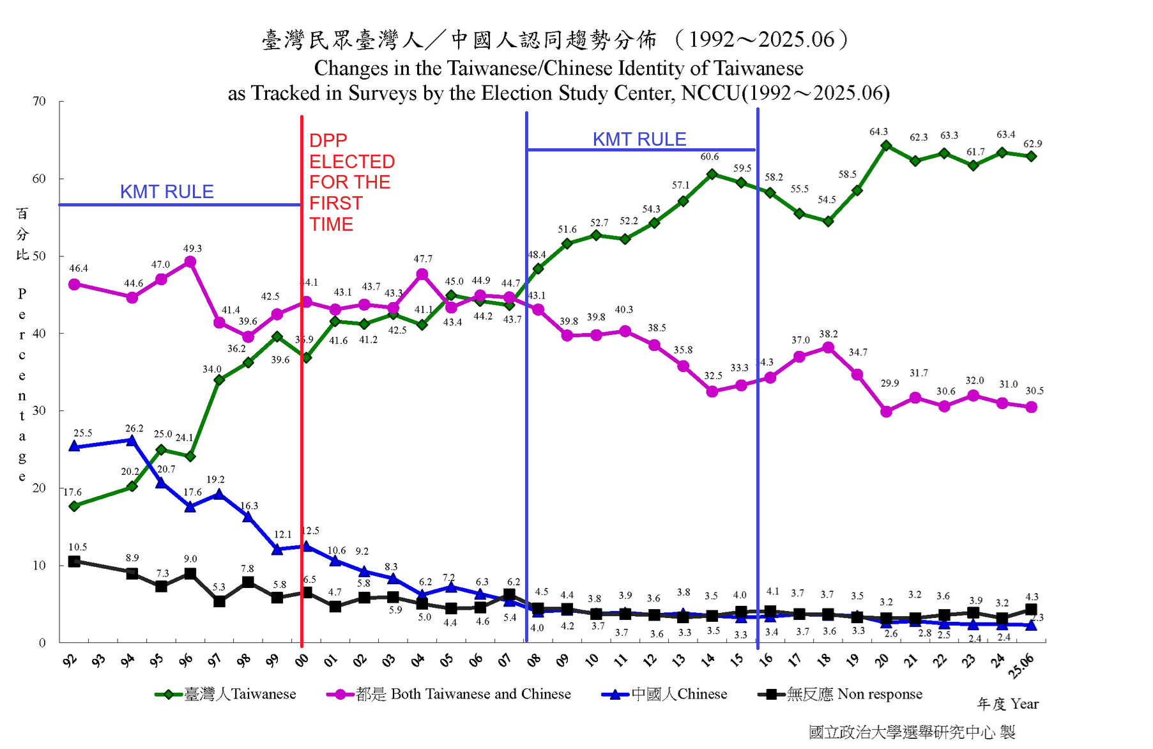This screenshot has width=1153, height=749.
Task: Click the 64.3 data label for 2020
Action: pos(878,132)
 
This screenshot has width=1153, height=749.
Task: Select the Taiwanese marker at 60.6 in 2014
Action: pos(712,174)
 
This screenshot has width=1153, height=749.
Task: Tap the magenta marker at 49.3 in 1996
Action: pos(190,262)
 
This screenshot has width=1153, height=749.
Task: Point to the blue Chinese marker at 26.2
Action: pos(132,440)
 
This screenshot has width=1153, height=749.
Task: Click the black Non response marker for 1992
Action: pos(74,561)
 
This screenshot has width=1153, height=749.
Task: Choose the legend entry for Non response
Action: pos(841,694)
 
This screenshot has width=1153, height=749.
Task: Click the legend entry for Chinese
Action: pos(664,694)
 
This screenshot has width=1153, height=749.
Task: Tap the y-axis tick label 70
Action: pos(39,101)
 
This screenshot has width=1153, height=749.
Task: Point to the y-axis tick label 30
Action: pos(39,410)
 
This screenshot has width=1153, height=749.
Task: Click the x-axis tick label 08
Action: pos(533,660)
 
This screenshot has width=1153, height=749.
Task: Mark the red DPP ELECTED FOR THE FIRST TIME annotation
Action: pos(351,182)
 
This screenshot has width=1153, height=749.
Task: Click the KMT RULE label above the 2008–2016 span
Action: pos(639,139)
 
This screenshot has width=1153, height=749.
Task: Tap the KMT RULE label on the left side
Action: pos(167,191)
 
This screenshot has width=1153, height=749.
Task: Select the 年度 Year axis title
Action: pos(1008,704)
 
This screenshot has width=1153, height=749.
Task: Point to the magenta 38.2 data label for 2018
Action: pos(828,334)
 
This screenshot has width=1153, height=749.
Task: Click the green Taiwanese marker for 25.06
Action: pos(1031,157)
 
